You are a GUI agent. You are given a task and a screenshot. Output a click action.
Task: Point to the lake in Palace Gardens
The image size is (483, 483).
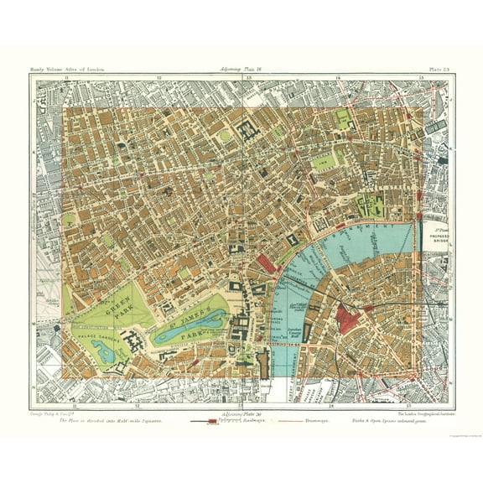pos(106,354)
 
